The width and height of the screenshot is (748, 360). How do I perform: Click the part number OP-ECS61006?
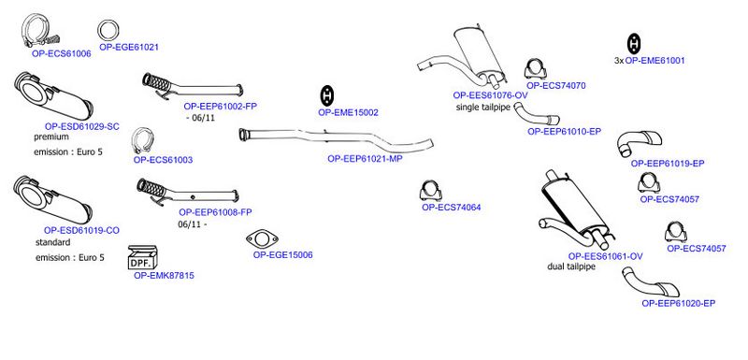pos(62,54)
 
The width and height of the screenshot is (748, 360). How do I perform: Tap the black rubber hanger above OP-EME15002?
pos(326,96)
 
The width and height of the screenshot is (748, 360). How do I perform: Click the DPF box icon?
pos(143,257)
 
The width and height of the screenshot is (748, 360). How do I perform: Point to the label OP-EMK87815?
pos(165,276)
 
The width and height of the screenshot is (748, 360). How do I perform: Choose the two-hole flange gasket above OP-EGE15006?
pos(263,238)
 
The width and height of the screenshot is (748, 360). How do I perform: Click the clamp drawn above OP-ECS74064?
pos(431,191)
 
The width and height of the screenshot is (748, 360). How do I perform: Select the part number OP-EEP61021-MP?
pos(365,159)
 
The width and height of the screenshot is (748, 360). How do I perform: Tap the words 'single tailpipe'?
pos(483,108)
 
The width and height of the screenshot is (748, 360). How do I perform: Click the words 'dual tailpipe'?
pos(571,266)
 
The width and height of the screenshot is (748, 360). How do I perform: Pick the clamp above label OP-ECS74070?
pos(535,69)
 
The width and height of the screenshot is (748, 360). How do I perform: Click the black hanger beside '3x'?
pos(634,44)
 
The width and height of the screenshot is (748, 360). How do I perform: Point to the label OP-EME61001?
pos(655,61)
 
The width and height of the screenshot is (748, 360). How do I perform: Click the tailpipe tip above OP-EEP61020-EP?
pos(649,282)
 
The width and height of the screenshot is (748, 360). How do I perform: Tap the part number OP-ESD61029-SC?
pos(82,127)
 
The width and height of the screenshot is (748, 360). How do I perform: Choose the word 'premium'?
pos(51,137)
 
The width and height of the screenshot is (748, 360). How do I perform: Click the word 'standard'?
pos(53,242)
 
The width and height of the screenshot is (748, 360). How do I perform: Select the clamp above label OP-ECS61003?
pos(141,141)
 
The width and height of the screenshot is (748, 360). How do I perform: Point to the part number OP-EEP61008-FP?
pos(216,212)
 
